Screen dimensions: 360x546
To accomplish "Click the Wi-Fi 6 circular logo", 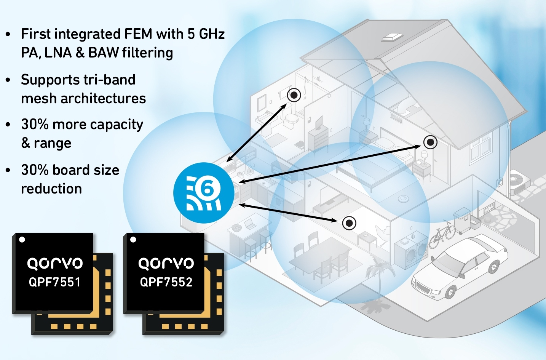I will click(x=204, y=193).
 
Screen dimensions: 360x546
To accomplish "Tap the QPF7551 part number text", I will click(x=54, y=282).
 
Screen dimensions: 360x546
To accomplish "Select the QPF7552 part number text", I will click(x=166, y=282).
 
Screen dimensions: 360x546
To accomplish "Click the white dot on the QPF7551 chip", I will click(x=22, y=240).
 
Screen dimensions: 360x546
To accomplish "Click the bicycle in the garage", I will click(x=442, y=234).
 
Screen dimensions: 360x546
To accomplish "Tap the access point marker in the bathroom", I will click(x=294, y=95).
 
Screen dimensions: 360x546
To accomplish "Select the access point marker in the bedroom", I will click(x=430, y=142).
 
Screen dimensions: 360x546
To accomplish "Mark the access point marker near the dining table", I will click(x=349, y=223).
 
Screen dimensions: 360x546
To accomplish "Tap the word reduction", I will click(x=51, y=189).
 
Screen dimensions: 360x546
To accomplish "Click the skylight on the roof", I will click(x=391, y=38).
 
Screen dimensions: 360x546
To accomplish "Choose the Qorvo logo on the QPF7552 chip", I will click(x=166, y=263).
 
